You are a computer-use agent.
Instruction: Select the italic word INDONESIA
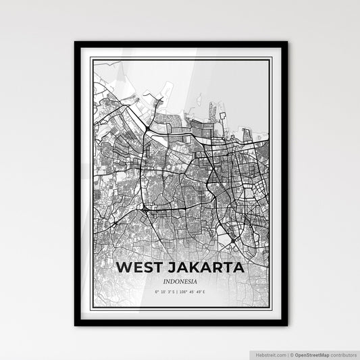pos(180,281)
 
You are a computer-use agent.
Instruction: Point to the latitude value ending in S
pos(164,292)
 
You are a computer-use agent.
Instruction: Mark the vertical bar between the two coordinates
pos(178,292)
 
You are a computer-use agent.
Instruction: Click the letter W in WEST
pos(123,267)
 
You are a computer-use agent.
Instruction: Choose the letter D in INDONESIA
pos(172,281)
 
